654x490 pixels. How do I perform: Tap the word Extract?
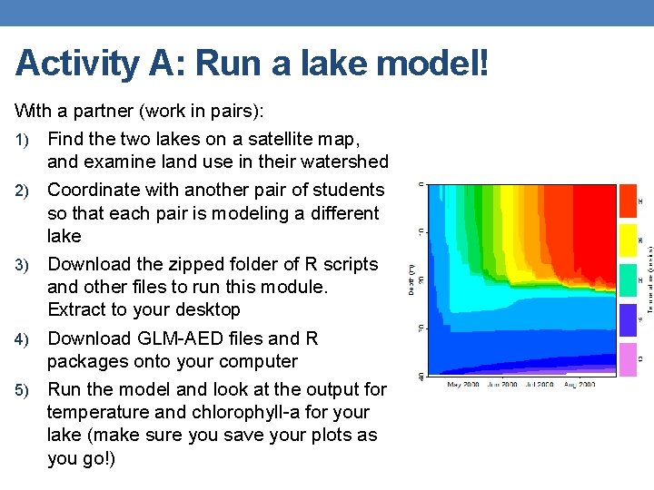click(77, 310)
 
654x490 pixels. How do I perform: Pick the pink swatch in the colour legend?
click(628, 359)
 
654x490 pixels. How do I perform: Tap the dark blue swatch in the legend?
click(628, 319)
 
